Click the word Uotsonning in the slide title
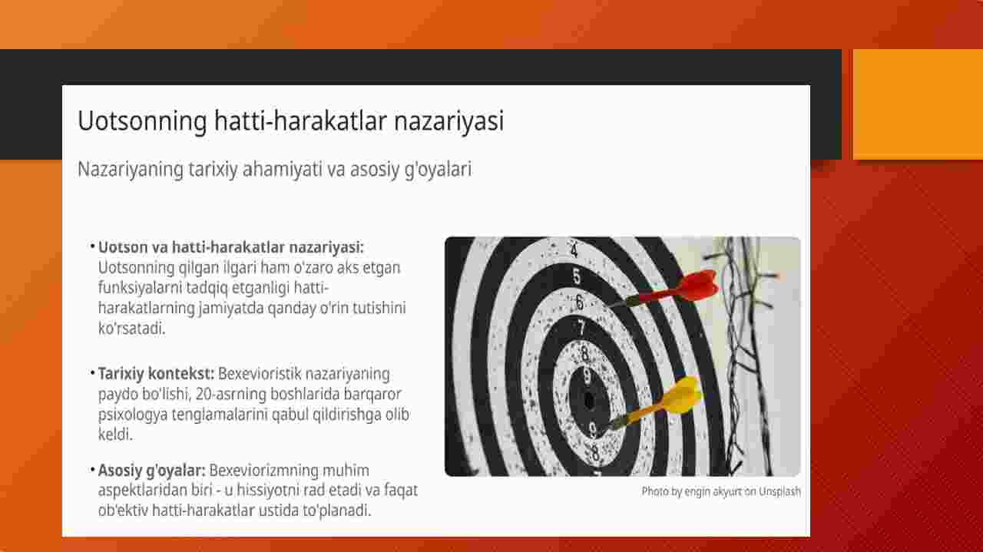click(x=142, y=121)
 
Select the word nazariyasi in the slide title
click(x=449, y=121)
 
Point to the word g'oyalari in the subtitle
click(x=438, y=170)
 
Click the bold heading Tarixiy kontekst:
click(x=156, y=374)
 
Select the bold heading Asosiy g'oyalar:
click(x=151, y=471)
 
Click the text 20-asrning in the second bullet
click(x=231, y=394)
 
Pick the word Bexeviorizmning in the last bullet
click(x=263, y=471)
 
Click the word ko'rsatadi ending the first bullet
click(x=131, y=329)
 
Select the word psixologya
click(x=133, y=415)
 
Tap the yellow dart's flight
click(x=683, y=394)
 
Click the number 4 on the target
click(x=574, y=250)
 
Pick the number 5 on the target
click(x=577, y=276)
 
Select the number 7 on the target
click(x=581, y=328)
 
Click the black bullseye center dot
click(x=589, y=400)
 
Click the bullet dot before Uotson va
click(x=93, y=246)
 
